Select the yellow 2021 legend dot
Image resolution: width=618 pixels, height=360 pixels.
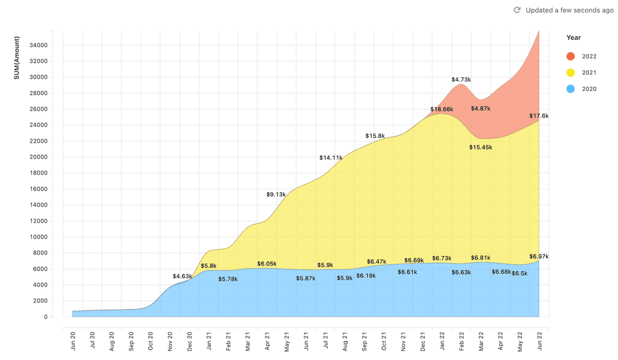coord(571,72)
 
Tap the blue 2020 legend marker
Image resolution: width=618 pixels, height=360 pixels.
coord(571,89)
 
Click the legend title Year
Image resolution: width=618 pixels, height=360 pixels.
coord(574,38)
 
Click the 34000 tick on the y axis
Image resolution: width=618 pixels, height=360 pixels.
coord(38,45)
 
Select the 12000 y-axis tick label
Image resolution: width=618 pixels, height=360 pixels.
coord(38,221)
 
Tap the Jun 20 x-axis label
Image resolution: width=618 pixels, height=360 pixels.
coord(73,341)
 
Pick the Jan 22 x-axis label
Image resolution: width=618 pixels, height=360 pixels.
coord(443,341)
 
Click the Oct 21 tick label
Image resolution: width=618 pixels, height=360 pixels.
coord(384,341)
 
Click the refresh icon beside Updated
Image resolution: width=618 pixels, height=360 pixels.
coord(517,10)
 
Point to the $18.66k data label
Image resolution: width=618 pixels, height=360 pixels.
coord(442,109)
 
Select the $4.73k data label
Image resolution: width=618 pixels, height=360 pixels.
coord(461,80)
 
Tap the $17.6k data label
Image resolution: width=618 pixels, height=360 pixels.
coord(539,116)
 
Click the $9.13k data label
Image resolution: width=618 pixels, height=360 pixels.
coord(276,194)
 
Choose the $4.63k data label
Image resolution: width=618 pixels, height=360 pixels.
coord(183,276)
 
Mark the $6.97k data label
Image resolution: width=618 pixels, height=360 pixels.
coord(539,257)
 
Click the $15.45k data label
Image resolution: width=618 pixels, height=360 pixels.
coord(480,147)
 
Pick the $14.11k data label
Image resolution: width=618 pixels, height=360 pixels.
coord(331,158)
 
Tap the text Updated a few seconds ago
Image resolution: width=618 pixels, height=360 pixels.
coord(569,10)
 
